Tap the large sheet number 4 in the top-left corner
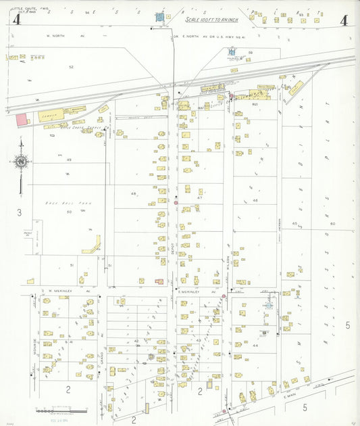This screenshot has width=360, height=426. coord(16,20)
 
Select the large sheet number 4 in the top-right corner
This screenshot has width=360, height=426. coord(344,20)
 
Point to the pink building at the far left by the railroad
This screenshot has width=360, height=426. coord(22,119)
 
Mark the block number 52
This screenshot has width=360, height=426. coord(71,67)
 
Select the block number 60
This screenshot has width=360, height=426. coord(332,223)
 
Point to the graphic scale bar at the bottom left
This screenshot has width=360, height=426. coord(61,410)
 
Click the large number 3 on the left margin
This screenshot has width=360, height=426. coord(19,213)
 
